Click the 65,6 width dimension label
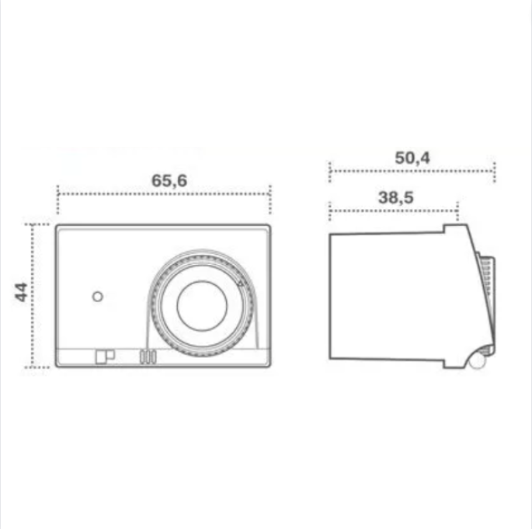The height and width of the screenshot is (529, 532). [169, 179]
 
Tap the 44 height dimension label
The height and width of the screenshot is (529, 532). [21, 292]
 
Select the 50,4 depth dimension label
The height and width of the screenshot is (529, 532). [412, 157]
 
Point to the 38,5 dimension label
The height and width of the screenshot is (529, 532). [395, 197]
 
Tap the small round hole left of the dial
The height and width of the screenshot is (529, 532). [97, 296]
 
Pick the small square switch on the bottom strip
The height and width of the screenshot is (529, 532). [103, 357]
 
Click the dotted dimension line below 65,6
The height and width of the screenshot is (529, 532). [163, 194]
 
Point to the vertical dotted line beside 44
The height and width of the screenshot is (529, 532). [33, 295]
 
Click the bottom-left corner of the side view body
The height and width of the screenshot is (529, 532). [332, 359]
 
